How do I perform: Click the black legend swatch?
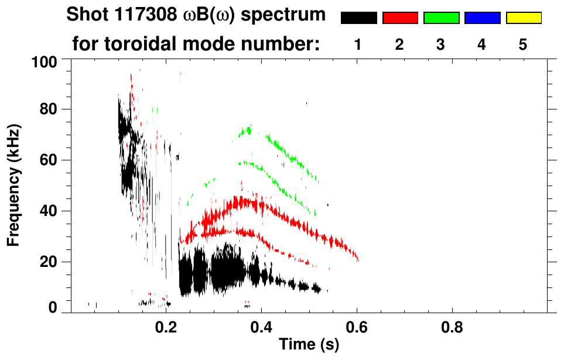click(x=358, y=18)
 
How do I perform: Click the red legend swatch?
click(x=400, y=18)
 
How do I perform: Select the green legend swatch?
click(x=441, y=18)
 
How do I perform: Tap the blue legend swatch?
click(x=482, y=18)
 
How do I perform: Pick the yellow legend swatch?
click(x=524, y=18)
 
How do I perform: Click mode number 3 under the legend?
click(x=441, y=44)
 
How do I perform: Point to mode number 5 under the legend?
click(x=523, y=44)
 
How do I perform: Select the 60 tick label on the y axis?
click(x=47, y=160)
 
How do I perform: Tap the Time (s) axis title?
click(x=309, y=345)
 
